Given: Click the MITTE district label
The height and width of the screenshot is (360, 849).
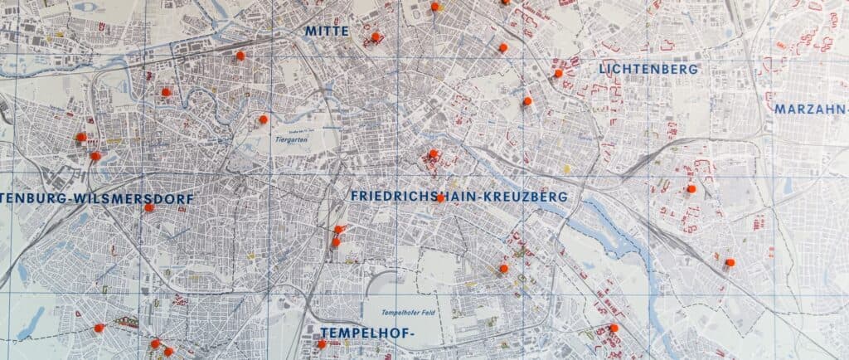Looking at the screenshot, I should [x=326, y=31].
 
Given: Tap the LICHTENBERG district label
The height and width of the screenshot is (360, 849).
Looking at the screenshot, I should [x=648, y=69].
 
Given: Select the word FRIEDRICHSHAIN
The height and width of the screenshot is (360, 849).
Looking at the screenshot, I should [x=422, y=197].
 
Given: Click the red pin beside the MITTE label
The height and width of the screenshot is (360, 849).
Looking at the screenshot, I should [x=375, y=36].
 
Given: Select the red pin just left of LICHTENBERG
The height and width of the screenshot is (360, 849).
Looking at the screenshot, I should [x=558, y=73].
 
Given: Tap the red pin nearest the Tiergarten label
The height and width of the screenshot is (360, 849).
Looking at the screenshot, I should [x=264, y=119].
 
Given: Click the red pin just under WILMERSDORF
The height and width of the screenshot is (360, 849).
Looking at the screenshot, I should [x=149, y=207].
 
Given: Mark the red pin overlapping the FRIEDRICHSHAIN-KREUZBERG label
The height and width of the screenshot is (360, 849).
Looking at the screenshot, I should [x=440, y=197].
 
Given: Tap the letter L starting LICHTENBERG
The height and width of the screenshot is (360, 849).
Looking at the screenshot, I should [x=603, y=69].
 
